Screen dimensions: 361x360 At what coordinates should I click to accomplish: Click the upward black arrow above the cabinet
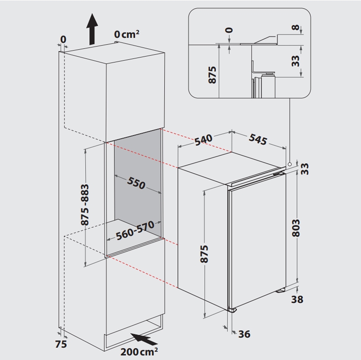tap(92, 29)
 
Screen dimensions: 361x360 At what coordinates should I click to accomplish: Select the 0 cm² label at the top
tap(127, 34)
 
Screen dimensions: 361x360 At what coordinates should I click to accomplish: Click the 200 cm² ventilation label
tap(139, 352)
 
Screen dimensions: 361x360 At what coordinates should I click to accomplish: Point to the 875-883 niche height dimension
tap(85, 204)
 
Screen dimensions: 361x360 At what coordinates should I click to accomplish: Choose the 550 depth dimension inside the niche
tap(136, 183)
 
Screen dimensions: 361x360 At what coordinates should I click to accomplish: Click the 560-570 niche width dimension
tap(135, 231)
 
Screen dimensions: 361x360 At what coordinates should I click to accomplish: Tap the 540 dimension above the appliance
tap(204, 140)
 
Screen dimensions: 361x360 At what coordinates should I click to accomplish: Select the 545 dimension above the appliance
tap(258, 139)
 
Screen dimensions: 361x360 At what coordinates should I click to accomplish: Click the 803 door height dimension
tap(296, 228)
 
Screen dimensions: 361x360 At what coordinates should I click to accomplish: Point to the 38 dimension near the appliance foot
tap(297, 300)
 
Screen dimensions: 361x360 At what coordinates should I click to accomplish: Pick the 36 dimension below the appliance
tap(244, 334)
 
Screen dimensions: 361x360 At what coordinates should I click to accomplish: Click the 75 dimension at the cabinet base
tap(61, 344)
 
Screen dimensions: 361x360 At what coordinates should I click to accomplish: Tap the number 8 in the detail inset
tap(296, 28)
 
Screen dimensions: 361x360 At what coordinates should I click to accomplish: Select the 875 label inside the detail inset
tap(212, 75)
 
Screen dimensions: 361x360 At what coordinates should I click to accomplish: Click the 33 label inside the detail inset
tap(296, 61)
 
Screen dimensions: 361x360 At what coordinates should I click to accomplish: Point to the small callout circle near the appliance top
tap(290, 164)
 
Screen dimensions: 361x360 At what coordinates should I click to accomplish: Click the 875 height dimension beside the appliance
tap(204, 254)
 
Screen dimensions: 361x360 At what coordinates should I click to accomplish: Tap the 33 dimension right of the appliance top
tap(305, 169)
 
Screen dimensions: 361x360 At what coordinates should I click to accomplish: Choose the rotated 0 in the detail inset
tap(229, 30)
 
